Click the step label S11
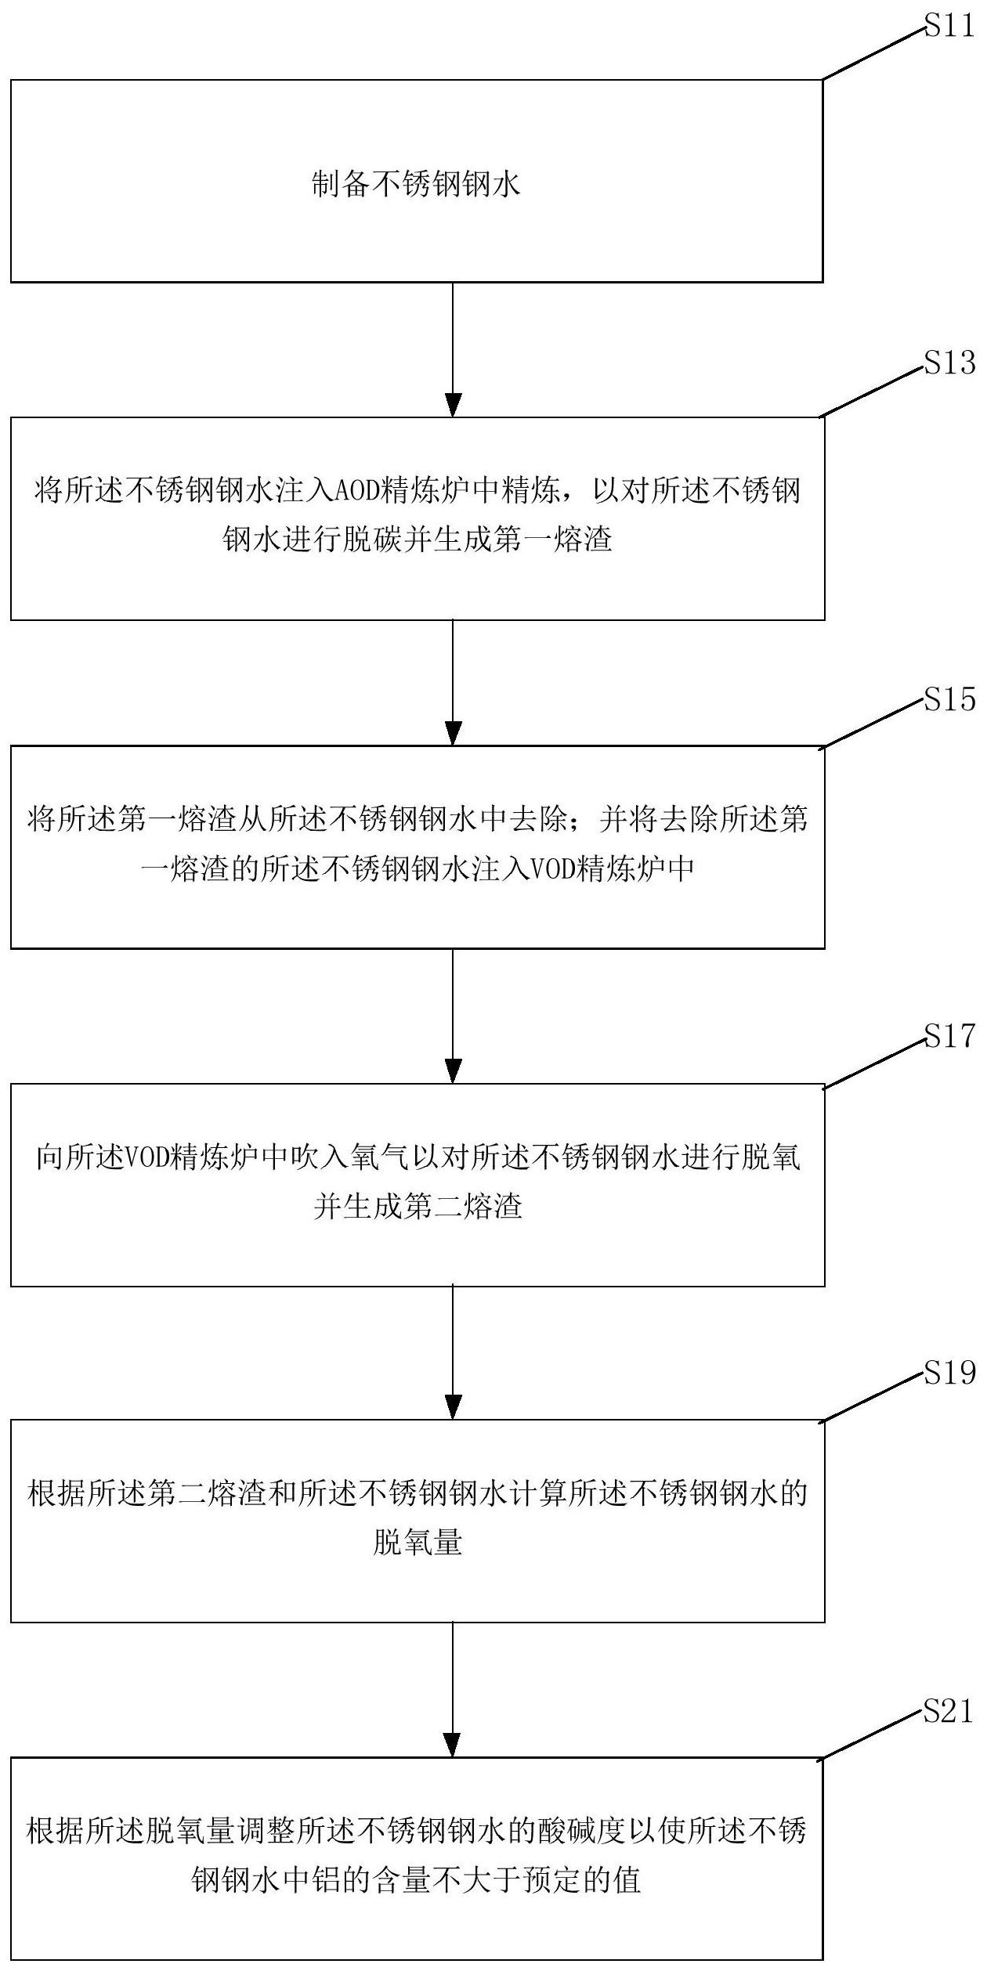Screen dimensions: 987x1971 (950, 27)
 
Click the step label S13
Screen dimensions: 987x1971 (950, 363)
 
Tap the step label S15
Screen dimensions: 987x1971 (950, 699)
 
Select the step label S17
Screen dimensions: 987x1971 (950, 1036)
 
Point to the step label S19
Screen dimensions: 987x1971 (950, 1373)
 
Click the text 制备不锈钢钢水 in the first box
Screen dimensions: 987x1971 (416, 185)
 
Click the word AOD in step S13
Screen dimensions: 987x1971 (357, 491)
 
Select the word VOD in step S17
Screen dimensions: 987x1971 (150, 1157)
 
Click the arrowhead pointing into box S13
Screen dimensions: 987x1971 (453, 405)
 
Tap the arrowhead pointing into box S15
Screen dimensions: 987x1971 (453, 733)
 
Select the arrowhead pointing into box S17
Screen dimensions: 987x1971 (453, 1070)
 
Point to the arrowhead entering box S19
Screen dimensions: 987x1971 (453, 1406)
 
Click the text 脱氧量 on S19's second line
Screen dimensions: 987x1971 (418, 1543)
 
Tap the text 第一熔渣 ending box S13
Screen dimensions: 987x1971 (552, 540)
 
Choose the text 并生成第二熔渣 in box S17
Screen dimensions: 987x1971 (418, 1206)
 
